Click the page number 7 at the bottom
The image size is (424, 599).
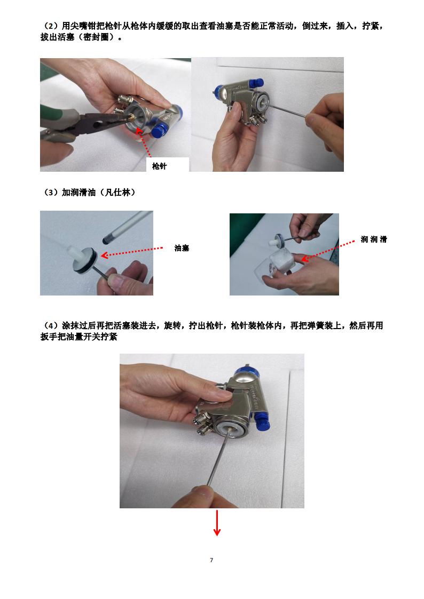(211, 560)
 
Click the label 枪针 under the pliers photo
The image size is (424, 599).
(159, 166)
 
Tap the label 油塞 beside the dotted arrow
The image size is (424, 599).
(182, 248)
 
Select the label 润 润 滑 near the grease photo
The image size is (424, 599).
(373, 240)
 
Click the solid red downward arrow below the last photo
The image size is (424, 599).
(217, 523)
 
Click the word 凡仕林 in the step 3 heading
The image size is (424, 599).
(119, 193)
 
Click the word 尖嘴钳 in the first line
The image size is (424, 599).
(83, 27)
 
